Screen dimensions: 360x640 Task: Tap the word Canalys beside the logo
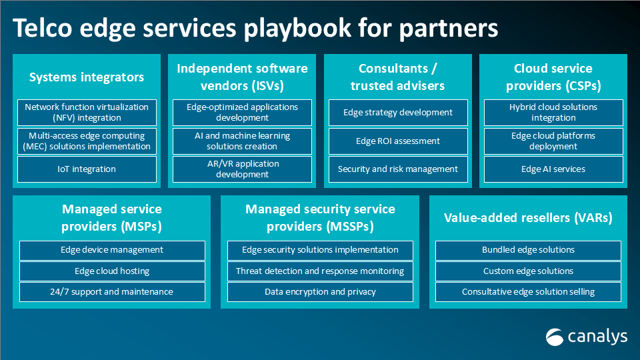click(597, 336)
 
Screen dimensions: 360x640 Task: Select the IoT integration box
click(87, 169)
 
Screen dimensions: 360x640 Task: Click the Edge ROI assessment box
click(398, 141)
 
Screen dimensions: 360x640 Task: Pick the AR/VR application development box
click(243, 169)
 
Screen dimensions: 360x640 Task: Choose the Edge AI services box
click(553, 169)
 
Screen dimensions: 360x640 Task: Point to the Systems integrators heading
click(87, 77)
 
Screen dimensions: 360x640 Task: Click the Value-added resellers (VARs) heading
click(528, 217)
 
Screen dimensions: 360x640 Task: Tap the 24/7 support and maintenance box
click(111, 292)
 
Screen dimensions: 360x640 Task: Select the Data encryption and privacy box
click(320, 292)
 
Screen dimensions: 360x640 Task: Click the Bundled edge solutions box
click(528, 250)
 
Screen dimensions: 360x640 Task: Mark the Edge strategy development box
click(398, 113)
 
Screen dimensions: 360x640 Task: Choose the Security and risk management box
click(398, 169)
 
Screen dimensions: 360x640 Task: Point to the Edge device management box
click(111, 250)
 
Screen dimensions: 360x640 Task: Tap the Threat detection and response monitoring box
click(320, 271)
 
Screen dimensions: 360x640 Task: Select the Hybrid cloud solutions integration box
click(553, 113)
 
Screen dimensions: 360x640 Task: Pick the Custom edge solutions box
click(528, 271)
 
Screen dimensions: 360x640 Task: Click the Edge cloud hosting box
click(111, 271)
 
